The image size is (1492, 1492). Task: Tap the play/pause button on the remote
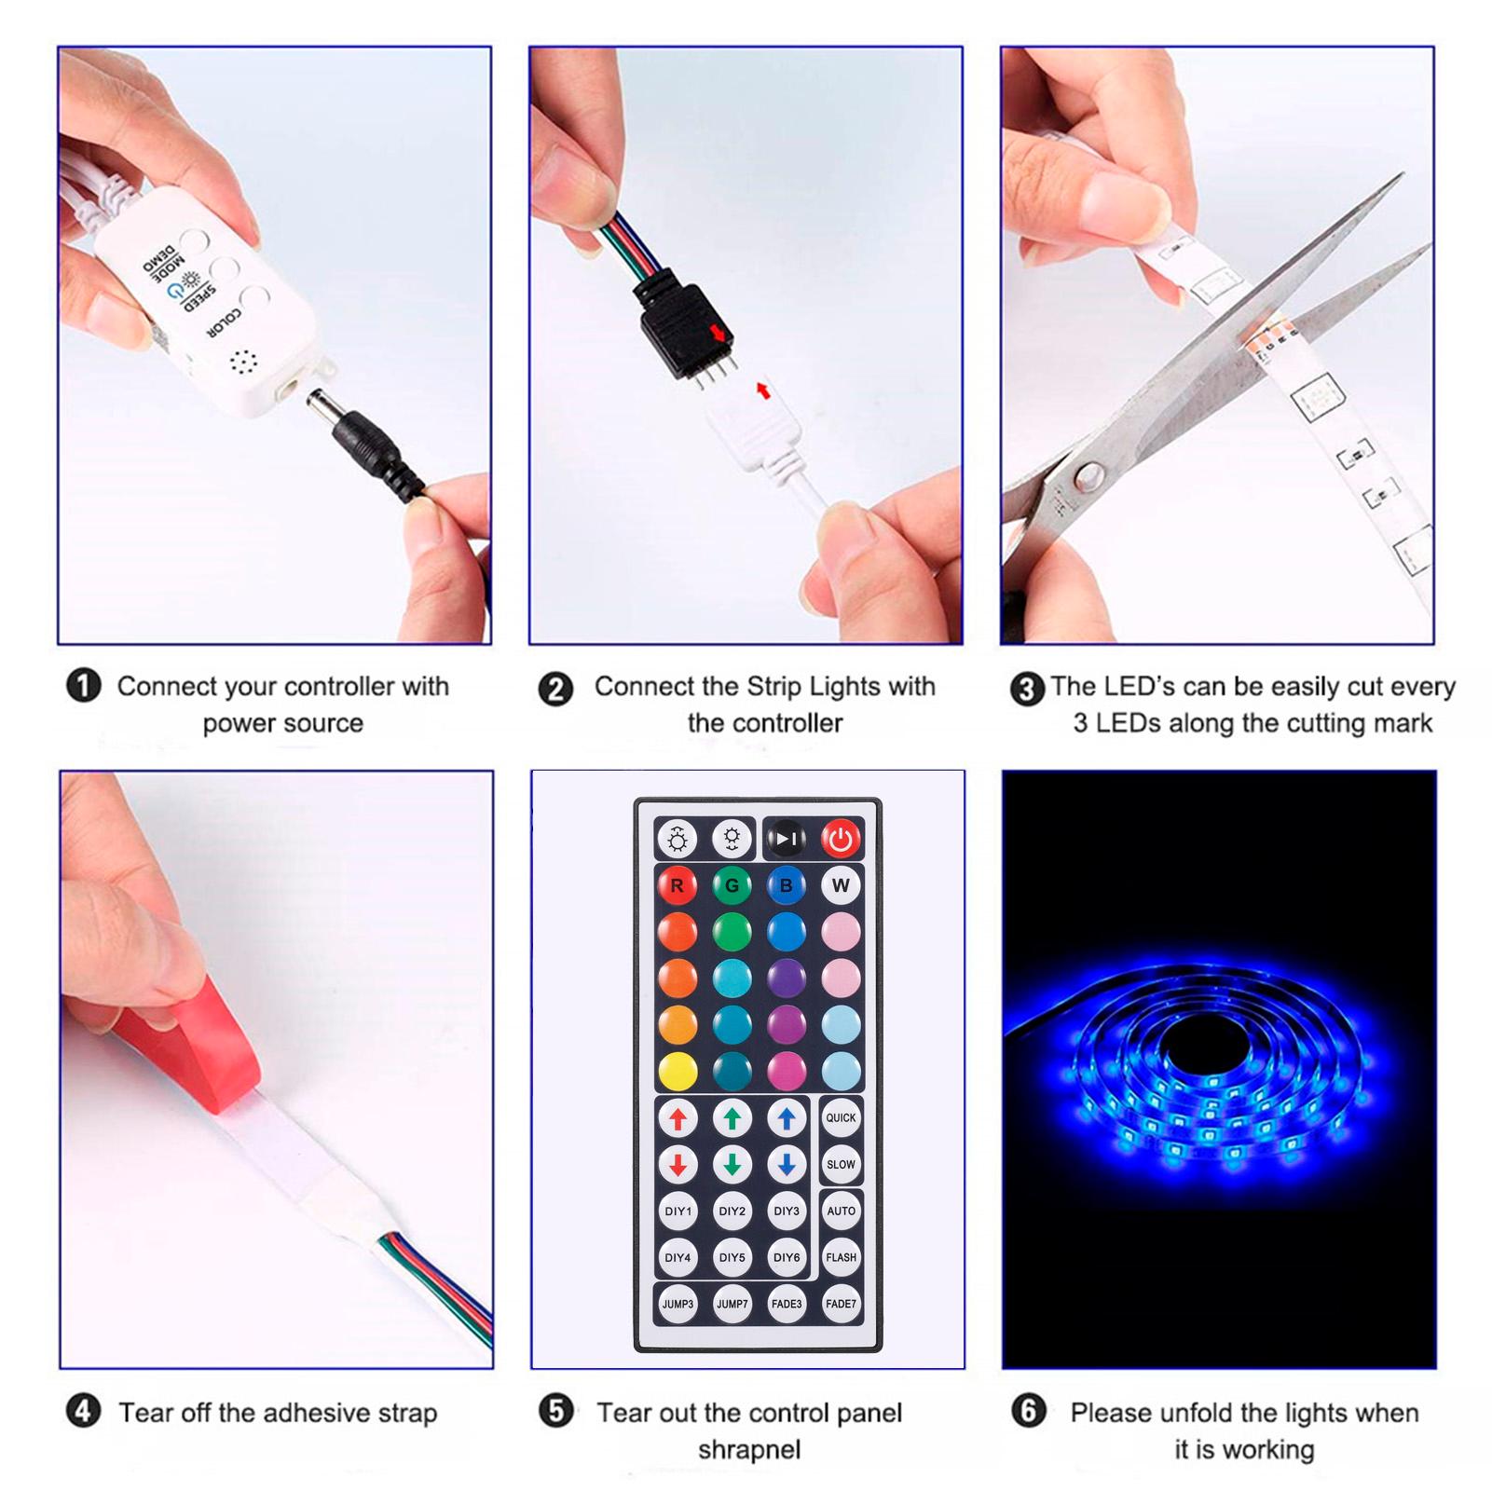click(786, 839)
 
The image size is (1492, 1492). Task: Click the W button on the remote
click(841, 885)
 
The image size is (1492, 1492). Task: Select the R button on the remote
click(678, 885)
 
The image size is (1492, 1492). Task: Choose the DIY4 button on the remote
click(678, 1257)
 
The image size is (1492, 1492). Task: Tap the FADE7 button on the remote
click(841, 1304)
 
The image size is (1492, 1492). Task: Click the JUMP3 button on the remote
click(678, 1304)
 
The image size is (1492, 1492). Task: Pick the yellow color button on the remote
click(678, 1072)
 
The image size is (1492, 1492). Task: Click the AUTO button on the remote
click(841, 1211)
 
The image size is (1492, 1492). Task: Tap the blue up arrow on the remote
click(787, 1118)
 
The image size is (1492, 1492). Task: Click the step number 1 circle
click(83, 687)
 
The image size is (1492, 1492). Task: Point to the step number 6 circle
click(1028, 1411)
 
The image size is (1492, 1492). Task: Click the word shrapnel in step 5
click(749, 1450)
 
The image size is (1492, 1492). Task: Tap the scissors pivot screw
click(1087, 478)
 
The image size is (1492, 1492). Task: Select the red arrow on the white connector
click(763, 390)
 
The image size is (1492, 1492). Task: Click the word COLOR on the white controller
click(224, 324)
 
